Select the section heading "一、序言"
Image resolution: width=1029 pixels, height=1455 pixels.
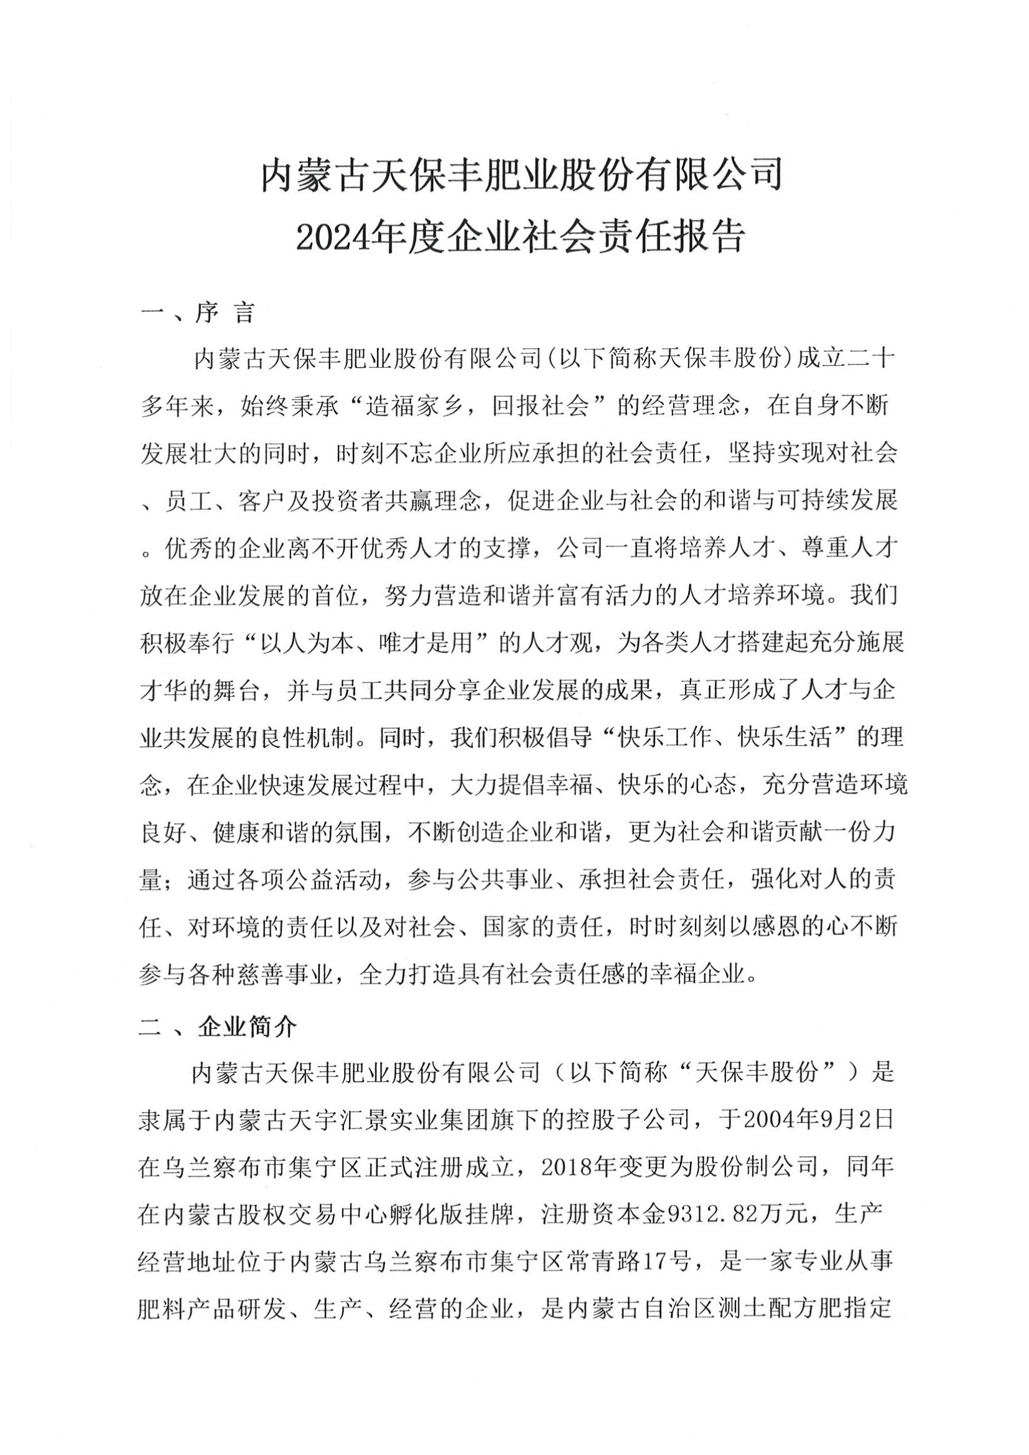tap(197, 313)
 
